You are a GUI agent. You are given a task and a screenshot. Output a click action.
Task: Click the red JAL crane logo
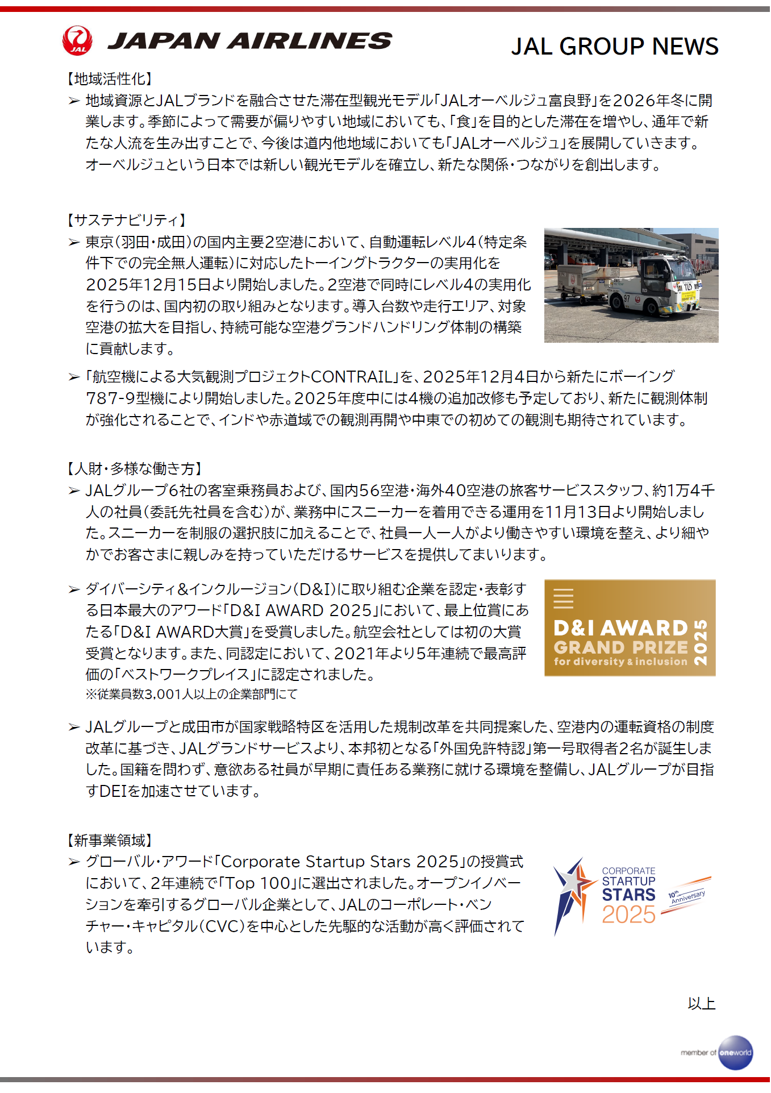[x=77, y=40]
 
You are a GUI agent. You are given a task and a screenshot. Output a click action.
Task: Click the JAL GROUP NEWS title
[x=614, y=47]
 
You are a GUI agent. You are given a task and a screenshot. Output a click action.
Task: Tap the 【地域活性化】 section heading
[x=110, y=79]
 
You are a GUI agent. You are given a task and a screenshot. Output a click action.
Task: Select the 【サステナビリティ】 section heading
[x=126, y=220]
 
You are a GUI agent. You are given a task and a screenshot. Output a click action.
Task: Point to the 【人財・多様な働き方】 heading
[x=135, y=468]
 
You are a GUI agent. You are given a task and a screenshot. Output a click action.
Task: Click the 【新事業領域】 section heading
[x=110, y=840]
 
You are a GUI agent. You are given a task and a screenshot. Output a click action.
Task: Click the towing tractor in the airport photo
[x=659, y=288]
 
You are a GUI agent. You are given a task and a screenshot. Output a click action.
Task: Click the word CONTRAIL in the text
[x=352, y=377]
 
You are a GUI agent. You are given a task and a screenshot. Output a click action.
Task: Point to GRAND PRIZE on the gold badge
[x=620, y=647]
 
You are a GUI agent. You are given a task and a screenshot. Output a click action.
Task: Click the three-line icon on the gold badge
[x=563, y=599]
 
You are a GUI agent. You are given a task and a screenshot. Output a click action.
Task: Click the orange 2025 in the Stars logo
[x=628, y=915]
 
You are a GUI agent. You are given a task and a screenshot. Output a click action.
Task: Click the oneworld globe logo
[x=735, y=1053]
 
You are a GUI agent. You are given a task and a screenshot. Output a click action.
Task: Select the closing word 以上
[x=701, y=1004]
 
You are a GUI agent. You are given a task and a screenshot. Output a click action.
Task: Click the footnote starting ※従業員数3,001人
[x=191, y=694]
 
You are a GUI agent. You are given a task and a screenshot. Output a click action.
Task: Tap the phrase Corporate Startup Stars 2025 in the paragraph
[x=339, y=862]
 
